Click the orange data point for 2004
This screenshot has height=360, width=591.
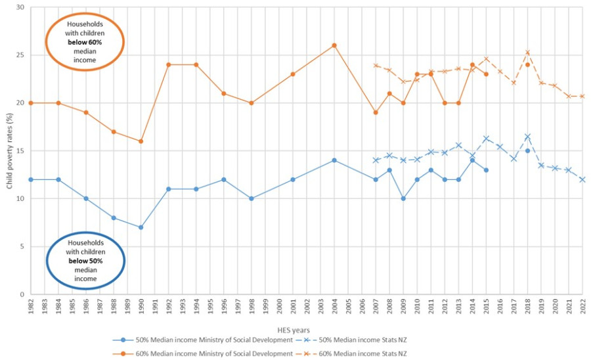click(334, 45)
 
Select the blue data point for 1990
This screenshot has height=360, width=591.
click(141, 227)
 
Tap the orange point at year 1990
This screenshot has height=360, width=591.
click(141, 141)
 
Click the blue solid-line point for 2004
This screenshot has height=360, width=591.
click(334, 160)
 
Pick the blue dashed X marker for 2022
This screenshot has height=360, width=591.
click(582, 179)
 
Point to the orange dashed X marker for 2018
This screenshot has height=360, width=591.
click(527, 53)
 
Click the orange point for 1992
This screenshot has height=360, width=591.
click(169, 64)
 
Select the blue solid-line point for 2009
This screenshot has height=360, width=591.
click(403, 198)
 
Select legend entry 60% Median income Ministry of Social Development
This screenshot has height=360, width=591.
click(210, 353)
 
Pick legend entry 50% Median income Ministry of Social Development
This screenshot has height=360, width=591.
click(210, 340)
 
